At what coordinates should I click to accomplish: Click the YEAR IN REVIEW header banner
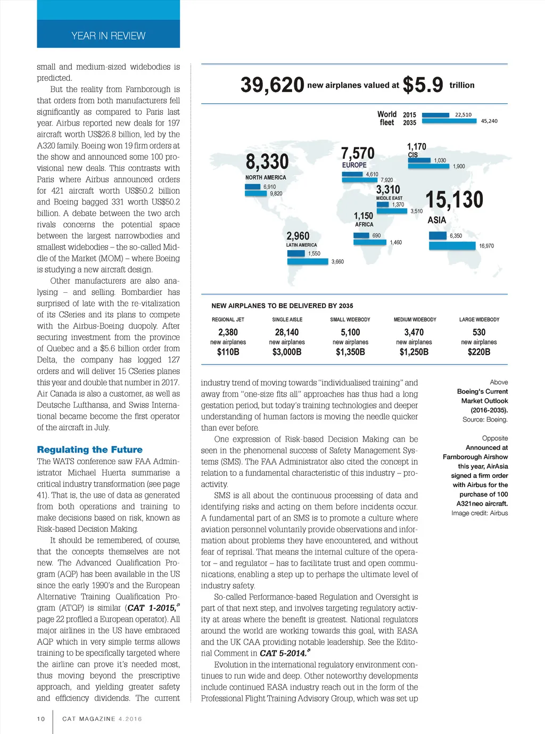coord(108,35)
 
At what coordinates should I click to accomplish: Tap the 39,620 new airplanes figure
coord(272,85)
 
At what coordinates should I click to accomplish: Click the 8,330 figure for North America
coord(267,162)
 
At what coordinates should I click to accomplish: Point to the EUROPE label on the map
coord(354,165)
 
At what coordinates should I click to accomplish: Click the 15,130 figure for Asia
coord(454,200)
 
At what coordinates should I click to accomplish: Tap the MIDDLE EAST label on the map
coord(389,198)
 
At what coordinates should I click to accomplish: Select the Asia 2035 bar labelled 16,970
coord(452,246)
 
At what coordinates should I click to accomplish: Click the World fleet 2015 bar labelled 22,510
coord(435,114)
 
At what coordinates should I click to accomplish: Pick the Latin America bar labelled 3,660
coord(308,261)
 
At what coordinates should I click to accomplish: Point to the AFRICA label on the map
coord(364,225)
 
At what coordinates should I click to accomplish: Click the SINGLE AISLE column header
coord(287,319)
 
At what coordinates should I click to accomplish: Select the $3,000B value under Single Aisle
coord(287,352)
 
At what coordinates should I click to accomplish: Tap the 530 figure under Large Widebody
coord(479,332)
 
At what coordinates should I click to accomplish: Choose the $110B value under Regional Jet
coord(228,352)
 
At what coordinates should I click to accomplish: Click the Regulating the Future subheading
coord(89,449)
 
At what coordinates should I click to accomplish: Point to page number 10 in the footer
coord(41,719)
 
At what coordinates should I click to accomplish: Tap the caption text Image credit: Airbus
coord(480,513)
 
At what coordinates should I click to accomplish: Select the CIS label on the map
coord(412,155)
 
